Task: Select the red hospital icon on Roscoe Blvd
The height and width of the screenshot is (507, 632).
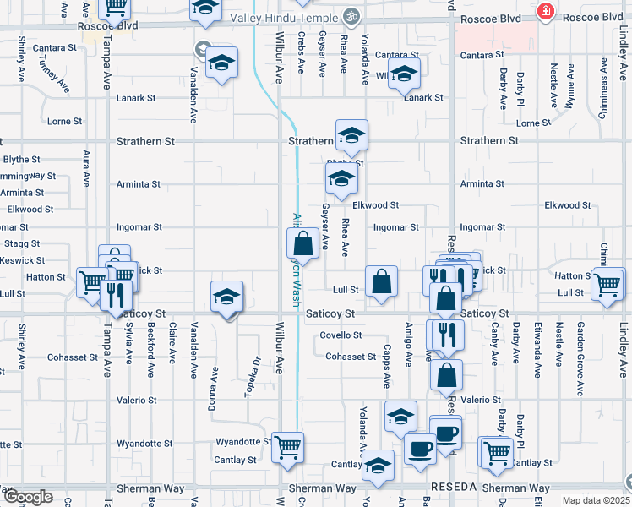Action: point(546,12)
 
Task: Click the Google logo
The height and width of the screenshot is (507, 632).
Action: point(27,497)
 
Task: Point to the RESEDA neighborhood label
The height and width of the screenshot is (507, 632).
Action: point(455,488)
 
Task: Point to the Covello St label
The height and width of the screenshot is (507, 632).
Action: point(341,335)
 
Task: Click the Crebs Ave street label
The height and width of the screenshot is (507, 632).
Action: point(302,50)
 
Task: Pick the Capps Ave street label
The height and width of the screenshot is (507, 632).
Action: point(387,364)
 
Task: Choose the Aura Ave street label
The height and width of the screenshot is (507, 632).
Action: point(85,167)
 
